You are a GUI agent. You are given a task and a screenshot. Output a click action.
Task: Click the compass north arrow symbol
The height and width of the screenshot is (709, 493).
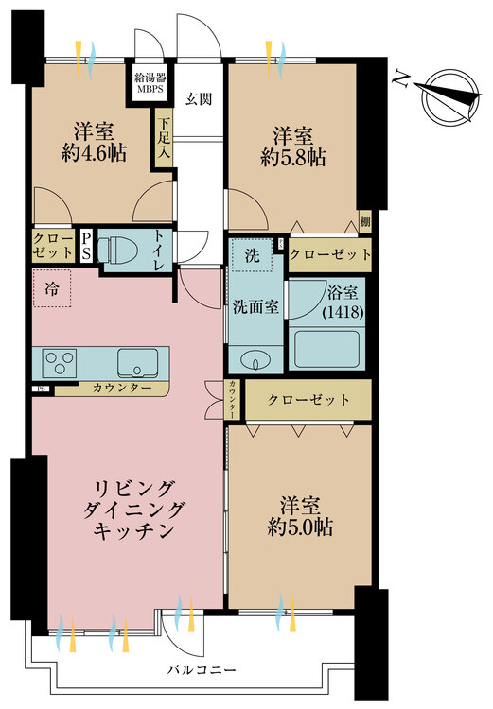pos(450,97)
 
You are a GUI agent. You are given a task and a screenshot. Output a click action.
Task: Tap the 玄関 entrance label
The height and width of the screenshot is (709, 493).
pos(199,98)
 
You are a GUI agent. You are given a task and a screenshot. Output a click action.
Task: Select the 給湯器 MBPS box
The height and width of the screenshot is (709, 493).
pos(149,82)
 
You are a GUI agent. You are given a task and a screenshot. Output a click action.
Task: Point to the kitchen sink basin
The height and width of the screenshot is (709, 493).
pos(137,363)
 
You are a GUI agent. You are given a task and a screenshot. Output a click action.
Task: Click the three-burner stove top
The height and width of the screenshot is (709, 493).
pos(60,363)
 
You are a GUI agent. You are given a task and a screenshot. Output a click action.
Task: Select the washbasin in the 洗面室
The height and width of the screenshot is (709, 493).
pos(255,361)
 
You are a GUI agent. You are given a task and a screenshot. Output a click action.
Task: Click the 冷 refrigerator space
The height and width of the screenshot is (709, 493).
pos(52,288)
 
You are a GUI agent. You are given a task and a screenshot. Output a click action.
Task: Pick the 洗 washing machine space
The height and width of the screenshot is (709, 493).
pos(252,255)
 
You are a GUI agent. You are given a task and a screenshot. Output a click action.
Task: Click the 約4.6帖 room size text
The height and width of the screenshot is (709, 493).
pos(94,154)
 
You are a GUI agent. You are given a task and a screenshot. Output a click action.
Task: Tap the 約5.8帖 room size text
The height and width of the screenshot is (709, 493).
pos(293,158)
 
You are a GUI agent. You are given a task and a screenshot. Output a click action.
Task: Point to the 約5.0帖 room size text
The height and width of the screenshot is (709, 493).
pos(300,527)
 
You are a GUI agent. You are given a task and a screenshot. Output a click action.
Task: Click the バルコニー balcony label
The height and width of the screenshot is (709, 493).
pos(202,670)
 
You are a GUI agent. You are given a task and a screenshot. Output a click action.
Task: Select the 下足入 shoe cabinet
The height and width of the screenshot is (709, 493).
pos(164,138)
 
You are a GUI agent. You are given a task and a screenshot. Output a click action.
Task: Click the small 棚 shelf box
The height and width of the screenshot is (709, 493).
pos(365,221)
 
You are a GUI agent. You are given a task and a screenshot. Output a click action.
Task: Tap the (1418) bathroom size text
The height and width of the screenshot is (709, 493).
pos(343,313)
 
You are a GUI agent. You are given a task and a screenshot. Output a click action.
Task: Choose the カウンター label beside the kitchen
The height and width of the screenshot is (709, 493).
pos(122,388)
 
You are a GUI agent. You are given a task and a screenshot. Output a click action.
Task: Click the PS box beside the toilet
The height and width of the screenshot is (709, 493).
pos(86,247)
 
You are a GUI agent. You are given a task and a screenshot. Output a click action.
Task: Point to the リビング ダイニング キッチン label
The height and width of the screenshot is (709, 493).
pos(134,510)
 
